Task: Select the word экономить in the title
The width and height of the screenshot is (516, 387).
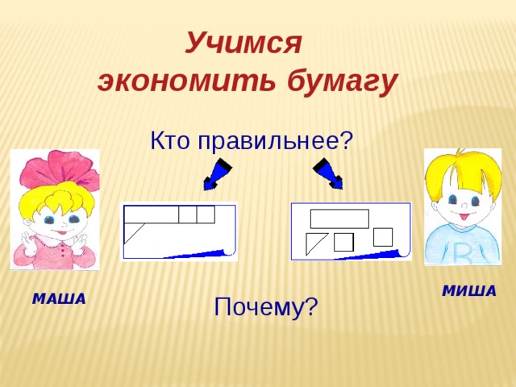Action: pyautogui.click(x=183, y=81)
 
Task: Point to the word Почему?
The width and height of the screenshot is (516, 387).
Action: pyautogui.click(x=266, y=306)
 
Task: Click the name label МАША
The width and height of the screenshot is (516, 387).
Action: pyautogui.click(x=59, y=300)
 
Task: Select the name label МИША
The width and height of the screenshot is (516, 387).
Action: pyautogui.click(x=469, y=291)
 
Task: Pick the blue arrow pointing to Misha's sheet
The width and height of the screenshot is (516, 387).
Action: pyautogui.click(x=329, y=173)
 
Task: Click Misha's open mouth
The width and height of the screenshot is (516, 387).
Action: pyautogui.click(x=464, y=216)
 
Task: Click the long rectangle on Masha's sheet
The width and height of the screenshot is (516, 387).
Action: pyautogui.click(x=151, y=214)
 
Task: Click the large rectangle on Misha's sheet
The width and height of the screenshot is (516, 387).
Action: pyautogui.click(x=339, y=218)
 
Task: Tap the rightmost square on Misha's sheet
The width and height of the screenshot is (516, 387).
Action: pyautogui.click(x=383, y=237)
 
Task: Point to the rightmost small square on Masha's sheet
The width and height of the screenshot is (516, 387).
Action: pyautogui.click(x=206, y=214)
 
